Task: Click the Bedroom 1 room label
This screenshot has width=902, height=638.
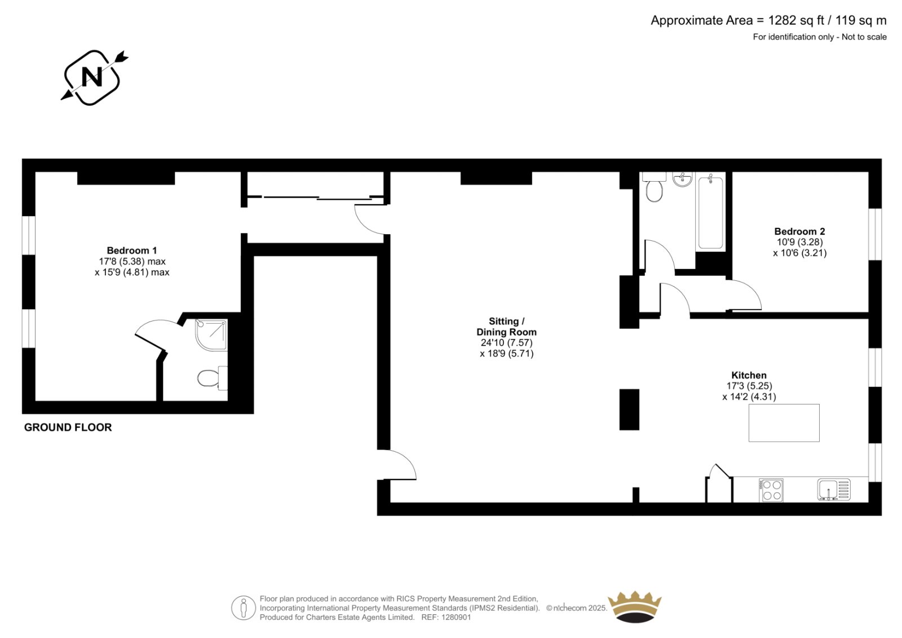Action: coord(132,250)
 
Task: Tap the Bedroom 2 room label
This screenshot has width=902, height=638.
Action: coord(799,231)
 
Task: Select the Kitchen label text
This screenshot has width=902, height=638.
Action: coord(749,375)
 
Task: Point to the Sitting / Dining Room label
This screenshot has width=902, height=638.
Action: coord(507,327)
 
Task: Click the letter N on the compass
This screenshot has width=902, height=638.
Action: coord(92,77)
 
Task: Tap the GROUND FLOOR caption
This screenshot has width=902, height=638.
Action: coord(68,427)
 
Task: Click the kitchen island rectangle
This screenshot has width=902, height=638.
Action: coord(784,423)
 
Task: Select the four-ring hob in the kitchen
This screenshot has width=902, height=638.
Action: coord(771,490)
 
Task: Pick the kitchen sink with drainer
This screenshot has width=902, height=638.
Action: coord(834,490)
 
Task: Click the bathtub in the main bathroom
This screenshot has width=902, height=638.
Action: coord(710,213)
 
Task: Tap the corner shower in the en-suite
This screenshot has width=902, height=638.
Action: coord(211,335)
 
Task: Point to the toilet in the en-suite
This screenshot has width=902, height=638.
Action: coord(212,378)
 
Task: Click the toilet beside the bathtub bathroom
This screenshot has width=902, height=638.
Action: coord(654,187)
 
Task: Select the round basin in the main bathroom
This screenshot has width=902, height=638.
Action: coord(683,179)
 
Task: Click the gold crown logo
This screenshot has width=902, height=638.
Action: coord(635,606)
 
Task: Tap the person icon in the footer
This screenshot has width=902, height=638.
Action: coord(243,608)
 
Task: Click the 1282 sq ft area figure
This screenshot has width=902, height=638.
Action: coord(796,20)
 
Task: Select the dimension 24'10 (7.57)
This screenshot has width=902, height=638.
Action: coord(507,342)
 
